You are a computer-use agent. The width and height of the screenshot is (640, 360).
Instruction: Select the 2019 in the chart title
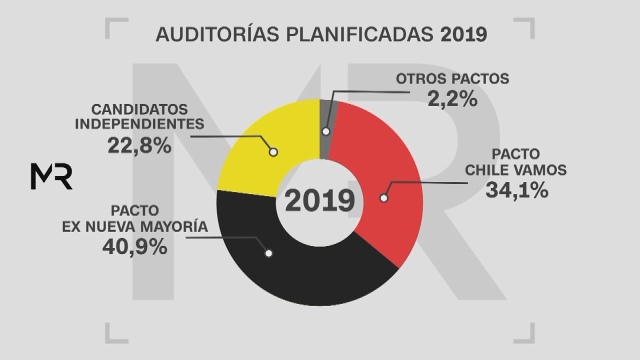point(463,34)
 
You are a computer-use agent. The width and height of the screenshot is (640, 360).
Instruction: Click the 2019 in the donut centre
point(320,201)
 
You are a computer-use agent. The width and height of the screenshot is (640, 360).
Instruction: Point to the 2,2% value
point(452,98)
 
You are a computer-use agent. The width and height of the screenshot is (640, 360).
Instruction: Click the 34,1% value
point(516,190)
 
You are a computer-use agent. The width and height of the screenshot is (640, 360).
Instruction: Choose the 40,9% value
point(134,247)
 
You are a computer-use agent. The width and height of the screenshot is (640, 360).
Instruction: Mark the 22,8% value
point(139,145)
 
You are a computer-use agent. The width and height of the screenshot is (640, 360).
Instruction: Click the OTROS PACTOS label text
point(452,78)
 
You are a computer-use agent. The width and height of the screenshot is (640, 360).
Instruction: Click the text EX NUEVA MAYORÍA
point(134,226)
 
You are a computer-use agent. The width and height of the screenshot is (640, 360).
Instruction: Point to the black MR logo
point(51,176)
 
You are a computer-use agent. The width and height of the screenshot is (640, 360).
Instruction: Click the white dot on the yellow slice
point(273,152)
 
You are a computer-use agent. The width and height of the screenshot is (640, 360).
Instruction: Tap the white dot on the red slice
point(384,198)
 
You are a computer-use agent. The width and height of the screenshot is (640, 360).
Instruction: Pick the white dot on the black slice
point(268,253)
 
